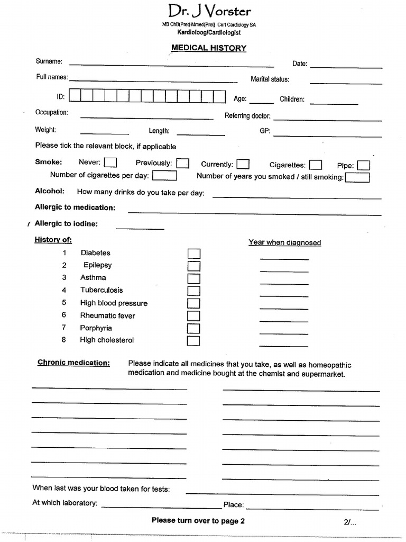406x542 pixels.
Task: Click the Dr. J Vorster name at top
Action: (209, 11)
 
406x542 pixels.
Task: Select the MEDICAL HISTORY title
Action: (209, 48)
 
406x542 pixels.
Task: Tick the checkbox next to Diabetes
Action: (194, 254)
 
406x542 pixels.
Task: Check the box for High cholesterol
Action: (194, 341)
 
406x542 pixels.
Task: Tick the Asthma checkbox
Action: (194, 278)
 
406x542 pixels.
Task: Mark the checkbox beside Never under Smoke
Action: (110, 162)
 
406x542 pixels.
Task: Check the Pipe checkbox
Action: (363, 166)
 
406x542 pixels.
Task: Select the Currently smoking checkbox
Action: (243, 165)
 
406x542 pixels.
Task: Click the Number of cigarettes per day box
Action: (164, 175)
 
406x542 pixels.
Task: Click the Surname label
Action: (49, 61)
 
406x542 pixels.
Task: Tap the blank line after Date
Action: (346, 67)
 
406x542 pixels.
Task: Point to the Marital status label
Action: (270, 79)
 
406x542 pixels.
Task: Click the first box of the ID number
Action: (75, 96)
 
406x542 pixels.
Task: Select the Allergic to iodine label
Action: (66, 224)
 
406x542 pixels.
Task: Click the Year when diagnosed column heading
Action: (284, 242)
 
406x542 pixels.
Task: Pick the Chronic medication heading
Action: (73, 363)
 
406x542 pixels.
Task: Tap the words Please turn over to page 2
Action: (198, 520)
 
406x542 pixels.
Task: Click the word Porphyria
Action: (96, 328)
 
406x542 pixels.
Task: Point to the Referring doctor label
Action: (247, 116)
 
